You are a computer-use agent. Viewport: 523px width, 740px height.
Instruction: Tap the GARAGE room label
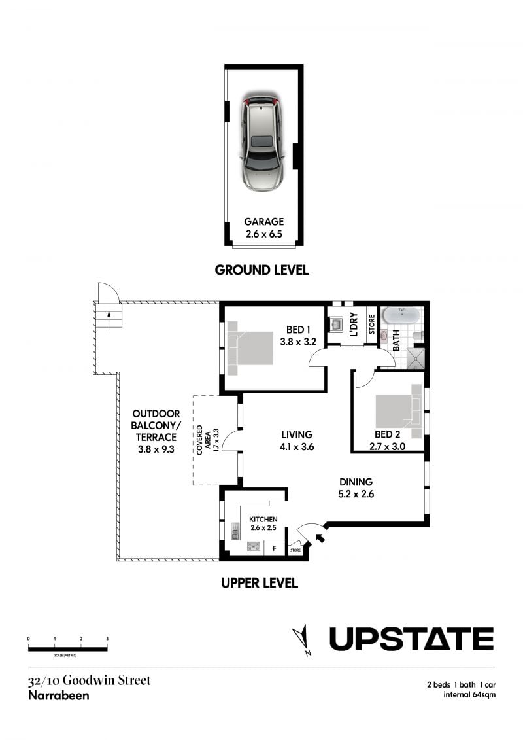(263, 221)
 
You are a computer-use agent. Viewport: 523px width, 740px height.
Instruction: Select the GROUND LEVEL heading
(261, 270)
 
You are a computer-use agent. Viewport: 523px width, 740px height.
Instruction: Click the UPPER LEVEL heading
(260, 583)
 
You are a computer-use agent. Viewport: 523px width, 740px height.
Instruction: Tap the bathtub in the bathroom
(401, 315)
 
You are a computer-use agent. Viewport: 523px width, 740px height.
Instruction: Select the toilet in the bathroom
(417, 336)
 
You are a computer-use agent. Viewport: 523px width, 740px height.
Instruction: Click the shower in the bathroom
(416, 358)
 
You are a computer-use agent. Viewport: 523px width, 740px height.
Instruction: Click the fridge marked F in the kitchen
(275, 549)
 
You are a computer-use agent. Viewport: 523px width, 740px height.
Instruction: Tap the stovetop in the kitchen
(254, 546)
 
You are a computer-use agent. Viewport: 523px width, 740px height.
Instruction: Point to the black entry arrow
(320, 538)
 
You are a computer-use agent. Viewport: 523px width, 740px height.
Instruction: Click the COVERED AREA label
(203, 440)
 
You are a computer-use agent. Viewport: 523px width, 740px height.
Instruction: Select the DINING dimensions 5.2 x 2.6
(356, 494)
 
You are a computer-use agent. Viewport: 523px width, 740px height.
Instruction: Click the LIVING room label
(297, 434)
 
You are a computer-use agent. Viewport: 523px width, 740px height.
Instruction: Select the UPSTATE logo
(411, 639)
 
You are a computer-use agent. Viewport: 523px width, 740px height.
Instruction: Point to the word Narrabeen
(58, 695)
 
